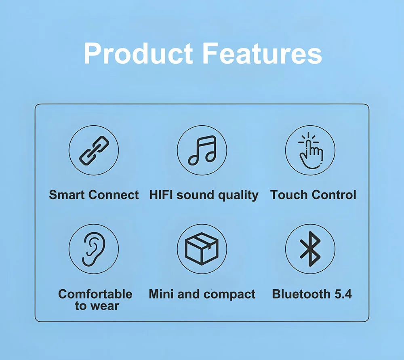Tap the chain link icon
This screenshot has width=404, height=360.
coord(94,150)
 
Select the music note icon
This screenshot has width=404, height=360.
coord(202,150)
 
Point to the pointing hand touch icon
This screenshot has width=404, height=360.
coord(310,151)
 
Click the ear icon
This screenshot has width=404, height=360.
coord(94,249)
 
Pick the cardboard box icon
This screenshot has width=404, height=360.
coord(202,248)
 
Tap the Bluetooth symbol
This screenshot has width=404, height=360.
coord(310,249)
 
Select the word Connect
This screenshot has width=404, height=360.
coord(114,195)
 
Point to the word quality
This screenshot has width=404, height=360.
coord(238,195)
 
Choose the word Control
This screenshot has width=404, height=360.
coord(334,195)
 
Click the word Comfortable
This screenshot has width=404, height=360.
coord(95,294)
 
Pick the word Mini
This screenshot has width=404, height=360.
coord(161,294)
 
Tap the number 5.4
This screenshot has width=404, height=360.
coord(343,294)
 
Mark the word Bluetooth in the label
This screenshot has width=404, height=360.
coord(301,294)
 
